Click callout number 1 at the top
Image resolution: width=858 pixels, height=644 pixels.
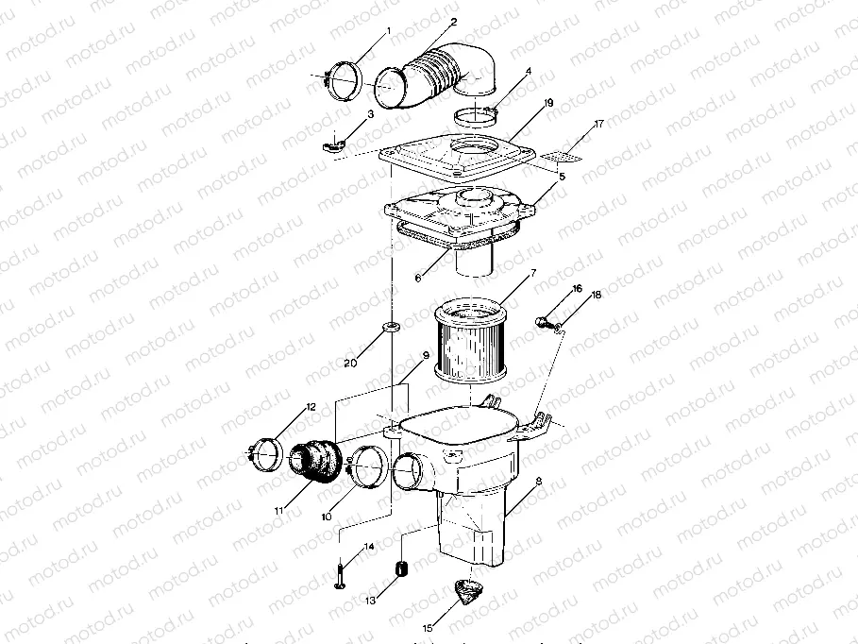pyautogui.click(x=388, y=30)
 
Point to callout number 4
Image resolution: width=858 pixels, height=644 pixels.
pyautogui.click(x=529, y=71)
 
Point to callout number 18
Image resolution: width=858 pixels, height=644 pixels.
pyautogui.click(x=595, y=296)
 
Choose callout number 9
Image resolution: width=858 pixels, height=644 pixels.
pyautogui.click(x=426, y=355)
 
